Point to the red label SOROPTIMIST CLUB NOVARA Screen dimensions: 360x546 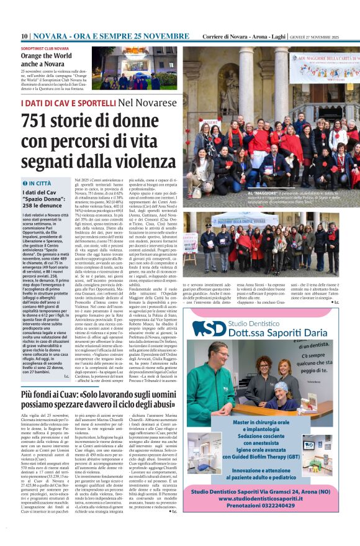tap(45, 47)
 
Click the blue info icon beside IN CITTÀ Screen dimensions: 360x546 tap(25, 183)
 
